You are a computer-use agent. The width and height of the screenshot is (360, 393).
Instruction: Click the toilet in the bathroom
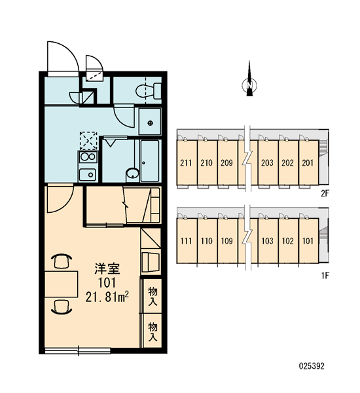tap(149, 91)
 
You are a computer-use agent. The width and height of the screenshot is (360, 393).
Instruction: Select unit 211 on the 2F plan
tap(186, 163)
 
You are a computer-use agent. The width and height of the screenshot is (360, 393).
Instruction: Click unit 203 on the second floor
tap(267, 163)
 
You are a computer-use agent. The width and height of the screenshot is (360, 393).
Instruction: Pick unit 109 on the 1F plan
tap(227, 241)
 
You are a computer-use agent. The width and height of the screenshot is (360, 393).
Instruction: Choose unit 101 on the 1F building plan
tap(308, 241)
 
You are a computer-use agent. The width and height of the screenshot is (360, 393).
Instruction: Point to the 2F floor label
tap(325, 193)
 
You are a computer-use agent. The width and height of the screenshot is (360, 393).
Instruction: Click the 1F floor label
tap(325, 276)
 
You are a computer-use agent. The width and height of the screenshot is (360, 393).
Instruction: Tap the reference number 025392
tap(312, 366)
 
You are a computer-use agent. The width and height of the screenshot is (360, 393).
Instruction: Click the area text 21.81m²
tap(107, 297)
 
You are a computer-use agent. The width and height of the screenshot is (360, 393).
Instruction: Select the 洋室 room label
tap(107, 269)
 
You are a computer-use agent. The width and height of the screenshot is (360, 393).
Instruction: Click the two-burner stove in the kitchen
tap(88, 157)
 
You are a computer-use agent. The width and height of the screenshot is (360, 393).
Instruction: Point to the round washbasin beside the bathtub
tap(132, 174)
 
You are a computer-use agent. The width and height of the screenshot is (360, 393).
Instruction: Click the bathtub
tap(150, 161)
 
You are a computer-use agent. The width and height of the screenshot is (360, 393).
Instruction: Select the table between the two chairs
tap(62, 284)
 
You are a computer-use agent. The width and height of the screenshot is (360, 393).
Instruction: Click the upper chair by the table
tap(62, 261)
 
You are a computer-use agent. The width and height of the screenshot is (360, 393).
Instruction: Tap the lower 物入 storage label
tap(153, 332)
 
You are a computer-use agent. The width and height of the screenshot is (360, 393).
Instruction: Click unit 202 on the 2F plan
tap(287, 163)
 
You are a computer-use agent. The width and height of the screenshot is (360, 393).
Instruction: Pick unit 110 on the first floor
tap(207, 241)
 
